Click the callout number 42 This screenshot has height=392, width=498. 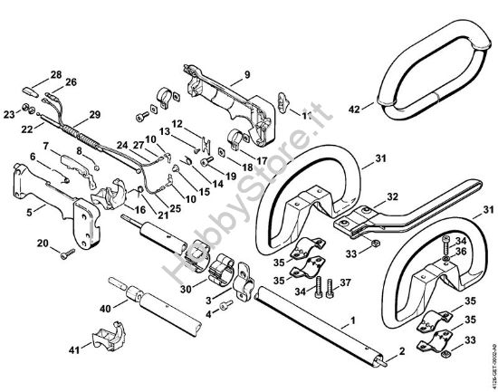click(x=354, y=109)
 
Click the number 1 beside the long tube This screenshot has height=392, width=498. click(x=352, y=320)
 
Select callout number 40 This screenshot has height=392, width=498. click(x=106, y=309)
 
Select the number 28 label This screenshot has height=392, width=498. click(x=56, y=74)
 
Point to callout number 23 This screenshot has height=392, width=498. click(x=10, y=114)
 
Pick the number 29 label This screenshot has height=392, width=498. click(x=93, y=116)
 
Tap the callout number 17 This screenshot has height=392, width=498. click(x=262, y=161)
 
